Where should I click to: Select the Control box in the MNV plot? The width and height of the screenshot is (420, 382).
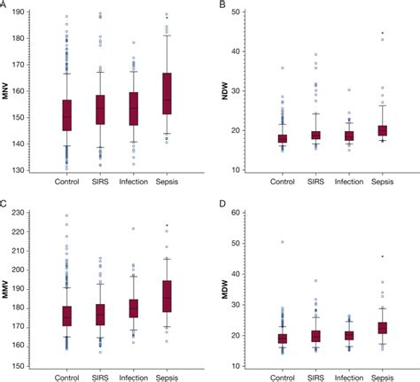pos(66,115)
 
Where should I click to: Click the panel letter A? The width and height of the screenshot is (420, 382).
pos(5,5)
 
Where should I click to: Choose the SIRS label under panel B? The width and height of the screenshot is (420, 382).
pos(316,182)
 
